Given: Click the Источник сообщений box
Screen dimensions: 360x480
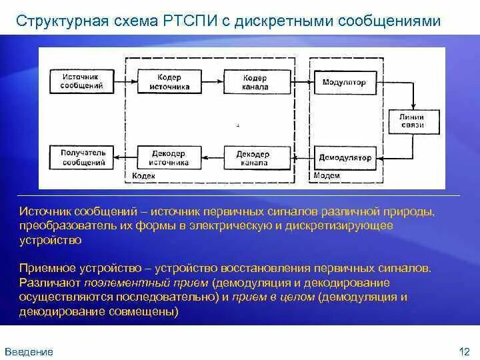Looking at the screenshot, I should click(83, 81).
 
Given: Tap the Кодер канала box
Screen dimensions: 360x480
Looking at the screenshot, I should click(256, 82).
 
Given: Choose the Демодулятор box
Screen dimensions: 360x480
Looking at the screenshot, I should click(345, 158).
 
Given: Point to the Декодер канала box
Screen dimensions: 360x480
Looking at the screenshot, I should click(253, 158).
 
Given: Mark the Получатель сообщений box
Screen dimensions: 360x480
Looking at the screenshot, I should click(83, 157).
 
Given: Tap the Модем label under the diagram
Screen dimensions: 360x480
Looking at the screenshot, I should click(327, 175).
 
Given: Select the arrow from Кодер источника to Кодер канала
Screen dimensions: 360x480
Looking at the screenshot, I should click(212, 81).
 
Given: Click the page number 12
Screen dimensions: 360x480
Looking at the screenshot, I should click(465, 351).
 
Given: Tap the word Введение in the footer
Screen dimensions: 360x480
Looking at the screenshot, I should click(29, 351).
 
